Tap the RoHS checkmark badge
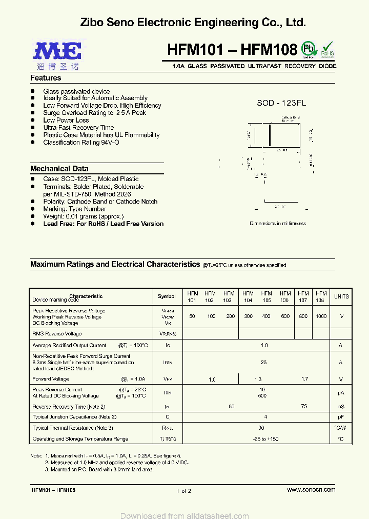(327, 49)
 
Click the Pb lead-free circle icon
(309, 49)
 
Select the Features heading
(46, 78)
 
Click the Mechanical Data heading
(59, 169)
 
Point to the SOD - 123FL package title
(281, 103)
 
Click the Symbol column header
(167, 296)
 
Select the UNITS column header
(341, 296)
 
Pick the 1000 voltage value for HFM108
(321, 316)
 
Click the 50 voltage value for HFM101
(192, 316)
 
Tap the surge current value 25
(264, 362)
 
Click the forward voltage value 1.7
(305, 379)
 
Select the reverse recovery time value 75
(304, 406)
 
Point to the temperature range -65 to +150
(264, 439)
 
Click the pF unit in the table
(341, 417)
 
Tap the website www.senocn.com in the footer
(311, 490)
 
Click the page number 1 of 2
(183, 491)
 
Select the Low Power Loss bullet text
(66, 121)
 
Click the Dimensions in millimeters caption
(277, 224)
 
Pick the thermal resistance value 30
(261, 428)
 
